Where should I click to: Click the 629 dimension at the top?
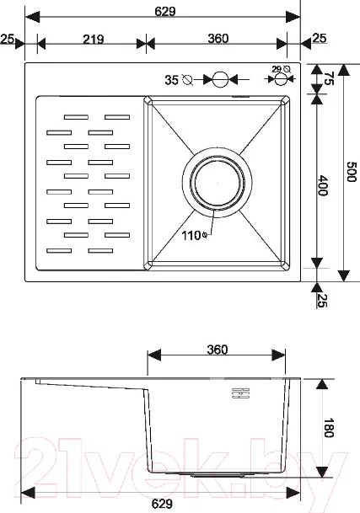click(165, 12)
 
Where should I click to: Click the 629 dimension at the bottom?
click(162, 504)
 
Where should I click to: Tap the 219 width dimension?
click(94, 40)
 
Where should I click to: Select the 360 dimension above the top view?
click(218, 39)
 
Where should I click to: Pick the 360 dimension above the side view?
click(218, 350)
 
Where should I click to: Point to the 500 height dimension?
click(352, 172)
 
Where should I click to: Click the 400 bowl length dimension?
click(323, 185)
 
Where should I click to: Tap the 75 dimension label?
click(329, 78)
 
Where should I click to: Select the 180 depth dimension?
click(329, 428)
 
